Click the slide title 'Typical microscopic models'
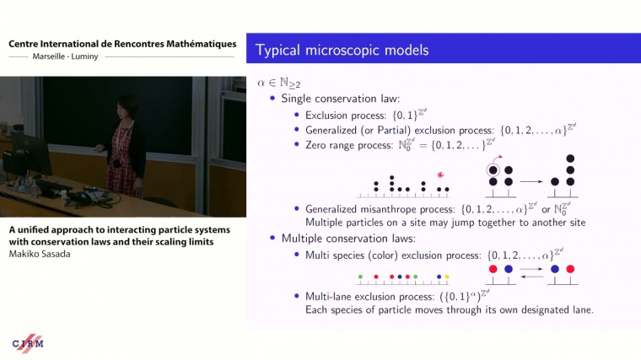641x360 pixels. point(342,51)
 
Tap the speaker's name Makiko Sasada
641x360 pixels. point(40,254)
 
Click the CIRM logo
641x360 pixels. point(29,343)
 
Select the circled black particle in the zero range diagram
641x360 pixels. point(494,167)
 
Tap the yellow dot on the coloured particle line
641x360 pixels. point(447,276)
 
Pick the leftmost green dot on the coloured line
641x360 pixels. point(361,276)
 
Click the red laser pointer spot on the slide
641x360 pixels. point(439,175)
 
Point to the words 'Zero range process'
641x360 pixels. point(337,145)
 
